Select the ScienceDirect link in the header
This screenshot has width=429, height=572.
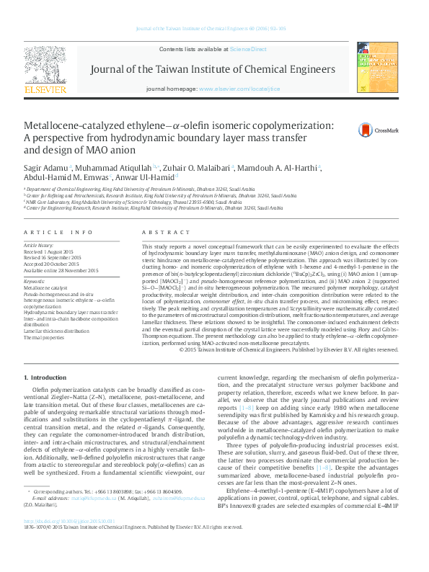click(248, 49)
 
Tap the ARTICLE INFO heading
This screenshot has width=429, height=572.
click(58, 232)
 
